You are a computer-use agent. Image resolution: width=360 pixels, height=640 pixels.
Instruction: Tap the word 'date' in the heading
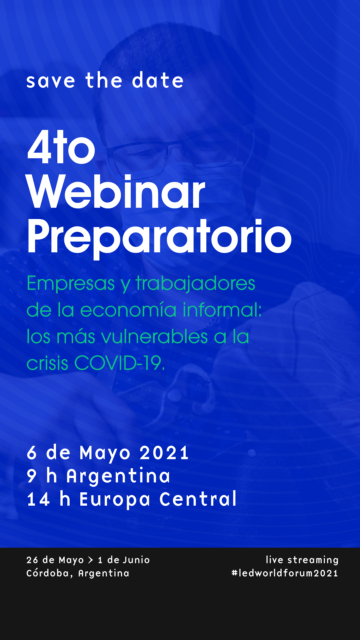(x=158, y=80)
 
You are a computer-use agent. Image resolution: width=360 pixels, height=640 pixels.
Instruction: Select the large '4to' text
(x=61, y=147)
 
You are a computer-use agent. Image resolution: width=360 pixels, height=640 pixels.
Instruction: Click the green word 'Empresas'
(x=71, y=283)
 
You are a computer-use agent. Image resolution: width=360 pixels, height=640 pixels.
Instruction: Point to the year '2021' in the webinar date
(x=164, y=453)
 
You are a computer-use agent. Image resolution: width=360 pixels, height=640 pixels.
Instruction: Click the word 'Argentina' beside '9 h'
(x=118, y=476)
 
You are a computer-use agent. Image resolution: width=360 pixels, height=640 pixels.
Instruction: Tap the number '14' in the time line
(x=39, y=499)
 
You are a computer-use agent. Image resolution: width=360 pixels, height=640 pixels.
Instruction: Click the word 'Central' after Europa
(x=198, y=499)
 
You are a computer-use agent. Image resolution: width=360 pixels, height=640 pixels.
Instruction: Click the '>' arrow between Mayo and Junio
(x=90, y=560)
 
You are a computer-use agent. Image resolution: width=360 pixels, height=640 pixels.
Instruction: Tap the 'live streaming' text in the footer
(x=302, y=560)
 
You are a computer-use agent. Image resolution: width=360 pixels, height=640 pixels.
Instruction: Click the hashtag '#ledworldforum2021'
(x=285, y=573)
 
